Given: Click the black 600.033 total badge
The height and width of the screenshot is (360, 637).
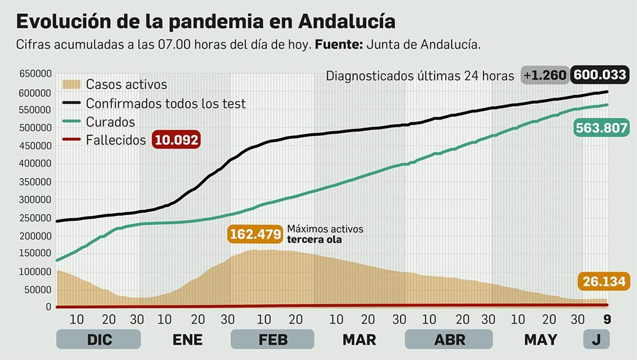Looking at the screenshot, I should coord(600,75).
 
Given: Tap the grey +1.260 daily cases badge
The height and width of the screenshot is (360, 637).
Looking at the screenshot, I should coord(545,75).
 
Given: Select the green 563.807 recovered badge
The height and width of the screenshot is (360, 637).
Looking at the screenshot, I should coord(601,128).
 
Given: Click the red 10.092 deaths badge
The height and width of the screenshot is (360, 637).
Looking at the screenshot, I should coord(176,140).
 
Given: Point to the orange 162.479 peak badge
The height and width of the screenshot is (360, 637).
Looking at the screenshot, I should coord(255,234).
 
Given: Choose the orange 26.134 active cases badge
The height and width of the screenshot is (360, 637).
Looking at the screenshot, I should coord(604,282).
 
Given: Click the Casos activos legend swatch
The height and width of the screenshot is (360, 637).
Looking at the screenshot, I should coord(72,84).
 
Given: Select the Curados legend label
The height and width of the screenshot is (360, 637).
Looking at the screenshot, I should coord(110,122).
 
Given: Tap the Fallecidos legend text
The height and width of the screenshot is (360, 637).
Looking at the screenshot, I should coord(116,140).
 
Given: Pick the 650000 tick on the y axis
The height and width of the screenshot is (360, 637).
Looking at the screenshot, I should coord(35,74).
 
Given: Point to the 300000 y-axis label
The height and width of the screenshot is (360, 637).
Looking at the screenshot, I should coord(35,200).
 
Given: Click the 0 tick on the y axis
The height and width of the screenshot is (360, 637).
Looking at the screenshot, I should coord(48,307).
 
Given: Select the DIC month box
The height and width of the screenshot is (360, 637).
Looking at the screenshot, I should coord(99,340).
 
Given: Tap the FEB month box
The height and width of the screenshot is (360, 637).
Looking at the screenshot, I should coord(273,340).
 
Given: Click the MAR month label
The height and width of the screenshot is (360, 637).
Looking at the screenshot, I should coord(359,340).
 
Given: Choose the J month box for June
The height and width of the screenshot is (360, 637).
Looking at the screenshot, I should coord(596,340).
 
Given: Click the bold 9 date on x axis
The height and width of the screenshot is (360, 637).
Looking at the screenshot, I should coord(607,319).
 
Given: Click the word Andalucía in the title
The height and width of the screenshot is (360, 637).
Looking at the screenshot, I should coord(346,22).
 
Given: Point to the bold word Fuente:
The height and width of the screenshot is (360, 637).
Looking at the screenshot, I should coord(338,45).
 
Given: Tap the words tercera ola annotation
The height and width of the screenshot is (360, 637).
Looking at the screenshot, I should coord(314,240).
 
